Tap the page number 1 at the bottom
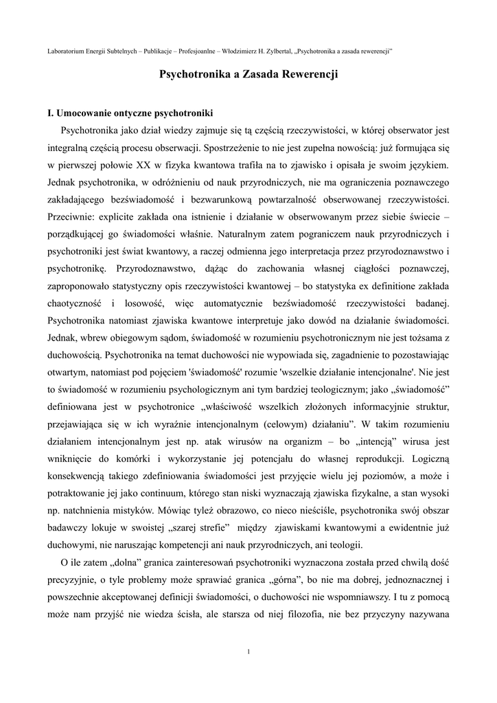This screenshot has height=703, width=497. [248, 651]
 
